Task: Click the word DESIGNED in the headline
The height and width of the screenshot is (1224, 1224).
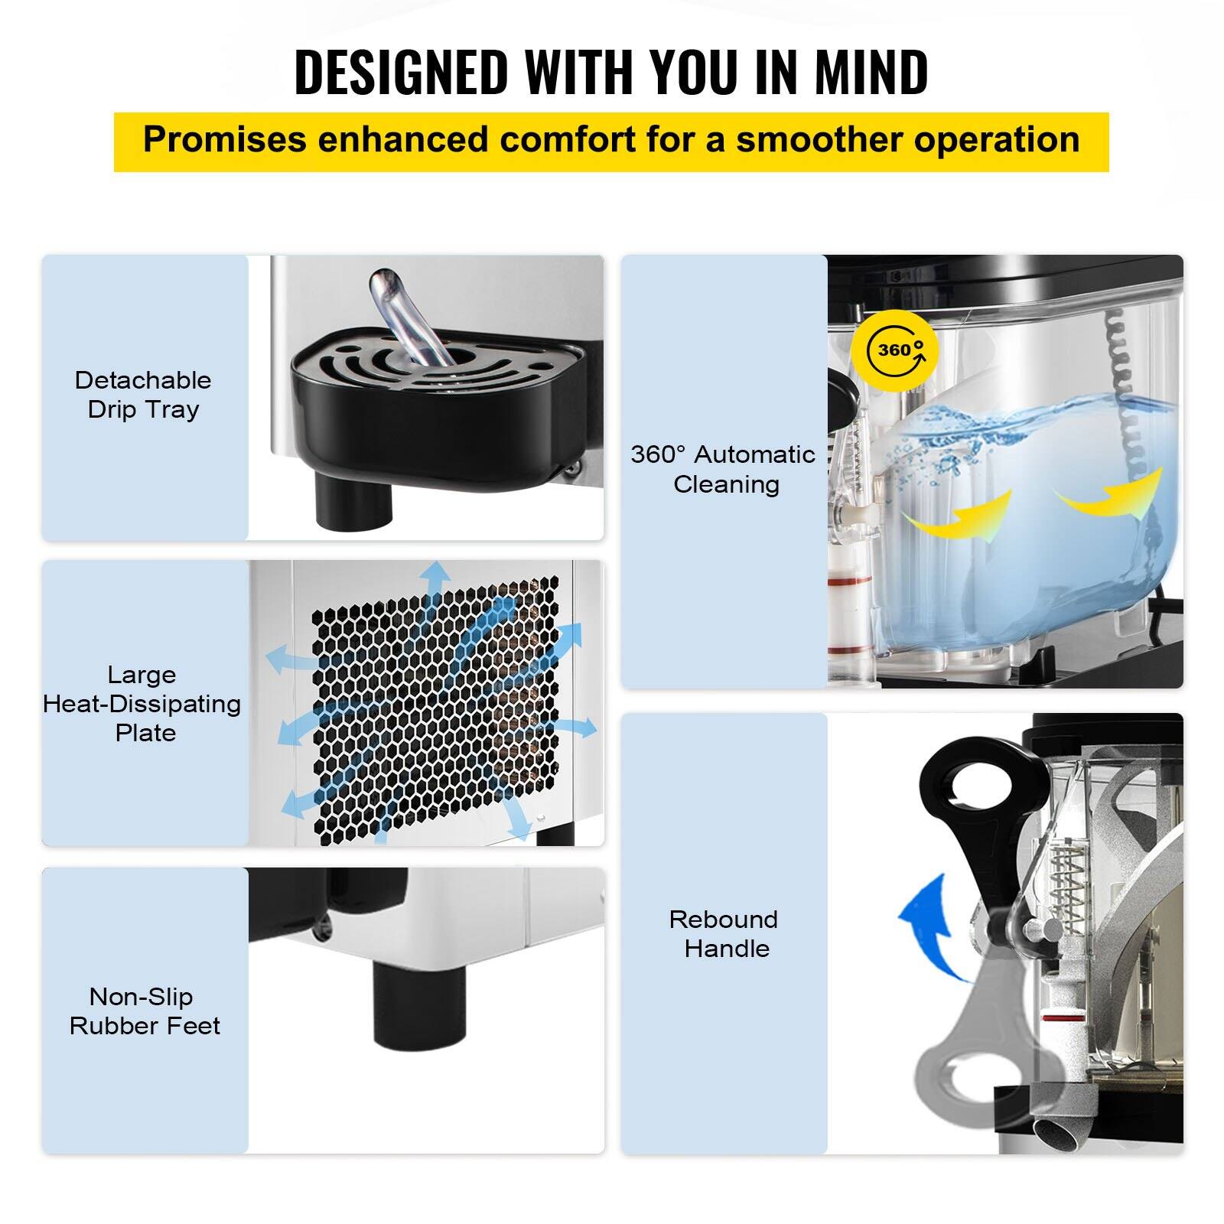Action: point(401,72)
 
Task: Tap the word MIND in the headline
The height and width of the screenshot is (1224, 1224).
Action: point(871,72)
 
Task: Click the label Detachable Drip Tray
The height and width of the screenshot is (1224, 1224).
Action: point(144,395)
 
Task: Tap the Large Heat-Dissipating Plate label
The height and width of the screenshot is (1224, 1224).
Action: point(142,704)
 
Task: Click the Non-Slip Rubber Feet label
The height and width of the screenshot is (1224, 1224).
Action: point(144,1011)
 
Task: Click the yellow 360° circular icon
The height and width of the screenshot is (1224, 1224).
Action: point(894,350)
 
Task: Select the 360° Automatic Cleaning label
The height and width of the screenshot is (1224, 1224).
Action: point(724,469)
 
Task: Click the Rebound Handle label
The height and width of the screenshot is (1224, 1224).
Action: point(724,933)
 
